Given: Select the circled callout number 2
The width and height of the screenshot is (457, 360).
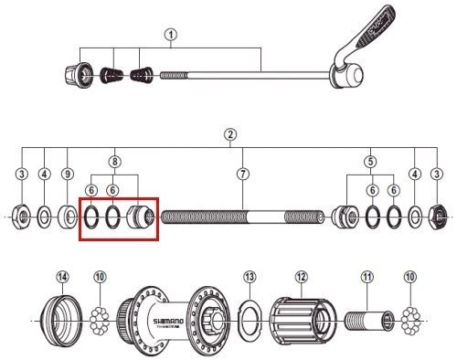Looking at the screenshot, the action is tap(230, 135).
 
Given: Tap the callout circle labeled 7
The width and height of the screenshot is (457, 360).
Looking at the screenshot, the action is tap(242, 173).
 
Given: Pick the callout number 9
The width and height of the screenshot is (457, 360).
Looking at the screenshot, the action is tap(67, 173).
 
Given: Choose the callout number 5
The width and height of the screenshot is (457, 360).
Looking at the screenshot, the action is tap(369, 162).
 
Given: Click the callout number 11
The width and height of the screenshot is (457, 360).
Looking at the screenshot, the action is tap(367, 277).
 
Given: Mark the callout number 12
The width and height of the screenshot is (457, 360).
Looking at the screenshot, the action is tap(303, 277).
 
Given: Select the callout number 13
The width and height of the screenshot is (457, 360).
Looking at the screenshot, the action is tap(250, 277).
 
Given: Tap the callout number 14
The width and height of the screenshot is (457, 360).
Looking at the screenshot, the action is tap(62, 276).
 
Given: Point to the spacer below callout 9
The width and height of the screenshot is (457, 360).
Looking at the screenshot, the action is tap(68, 217).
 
